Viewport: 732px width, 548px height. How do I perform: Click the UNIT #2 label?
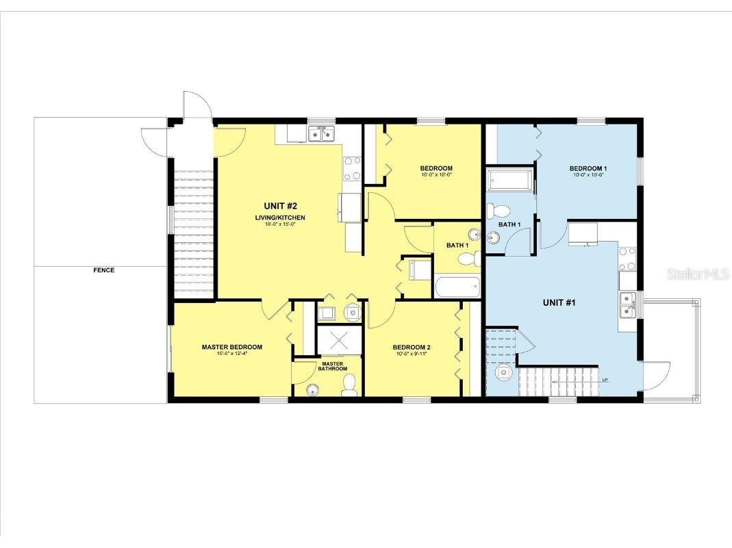point(281,205)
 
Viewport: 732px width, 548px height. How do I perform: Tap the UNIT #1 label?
point(559,302)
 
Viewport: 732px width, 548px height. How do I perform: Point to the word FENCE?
point(104,270)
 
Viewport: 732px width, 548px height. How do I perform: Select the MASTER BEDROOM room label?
point(231,347)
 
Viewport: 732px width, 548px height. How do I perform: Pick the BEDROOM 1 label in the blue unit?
point(588,168)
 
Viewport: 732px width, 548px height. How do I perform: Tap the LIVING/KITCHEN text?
point(281,218)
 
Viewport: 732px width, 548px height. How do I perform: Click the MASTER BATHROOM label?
point(332,366)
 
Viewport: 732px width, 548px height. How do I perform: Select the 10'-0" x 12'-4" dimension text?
point(231,354)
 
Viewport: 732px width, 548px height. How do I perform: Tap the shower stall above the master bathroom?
point(339,340)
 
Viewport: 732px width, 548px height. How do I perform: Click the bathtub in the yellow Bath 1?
point(457,287)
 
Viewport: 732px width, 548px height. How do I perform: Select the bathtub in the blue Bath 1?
point(509,181)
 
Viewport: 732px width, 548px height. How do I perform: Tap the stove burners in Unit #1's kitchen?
point(627,257)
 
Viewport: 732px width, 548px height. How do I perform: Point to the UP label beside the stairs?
point(605,380)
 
